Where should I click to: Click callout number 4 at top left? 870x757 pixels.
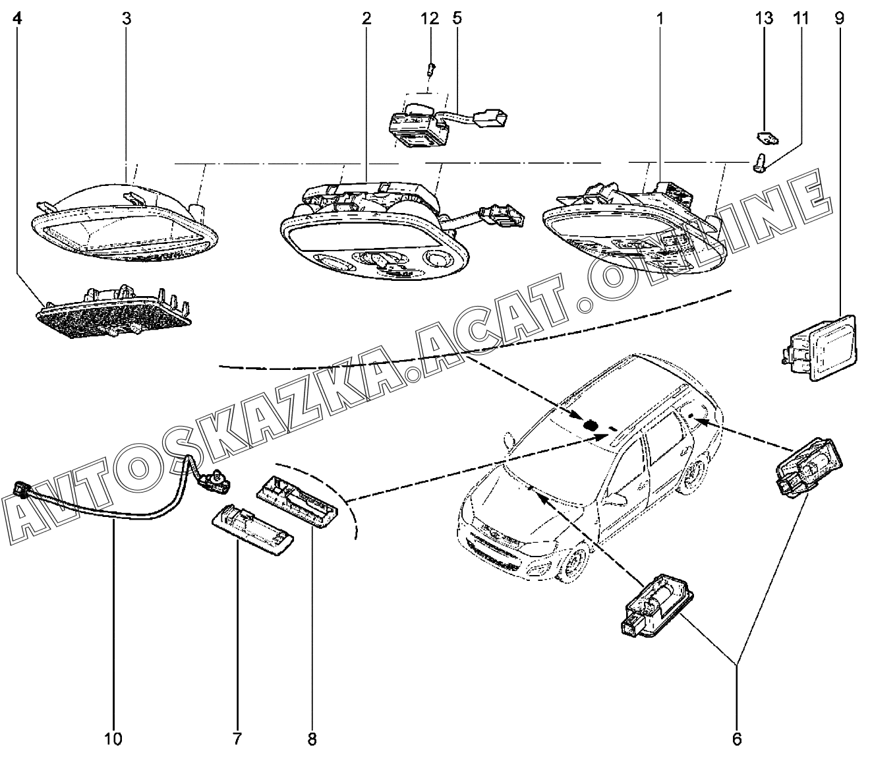click(17, 18)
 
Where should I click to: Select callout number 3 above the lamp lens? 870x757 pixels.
click(127, 18)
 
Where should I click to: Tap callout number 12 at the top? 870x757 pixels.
click(430, 18)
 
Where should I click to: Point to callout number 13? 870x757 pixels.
click(764, 18)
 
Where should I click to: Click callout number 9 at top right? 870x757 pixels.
click(839, 18)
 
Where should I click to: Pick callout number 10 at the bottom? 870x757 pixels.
click(113, 739)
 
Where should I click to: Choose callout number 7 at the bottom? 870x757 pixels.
click(237, 739)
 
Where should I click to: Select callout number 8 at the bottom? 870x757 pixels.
click(312, 739)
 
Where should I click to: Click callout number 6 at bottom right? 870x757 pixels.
click(737, 739)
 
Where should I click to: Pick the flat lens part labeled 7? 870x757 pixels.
click(252, 529)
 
